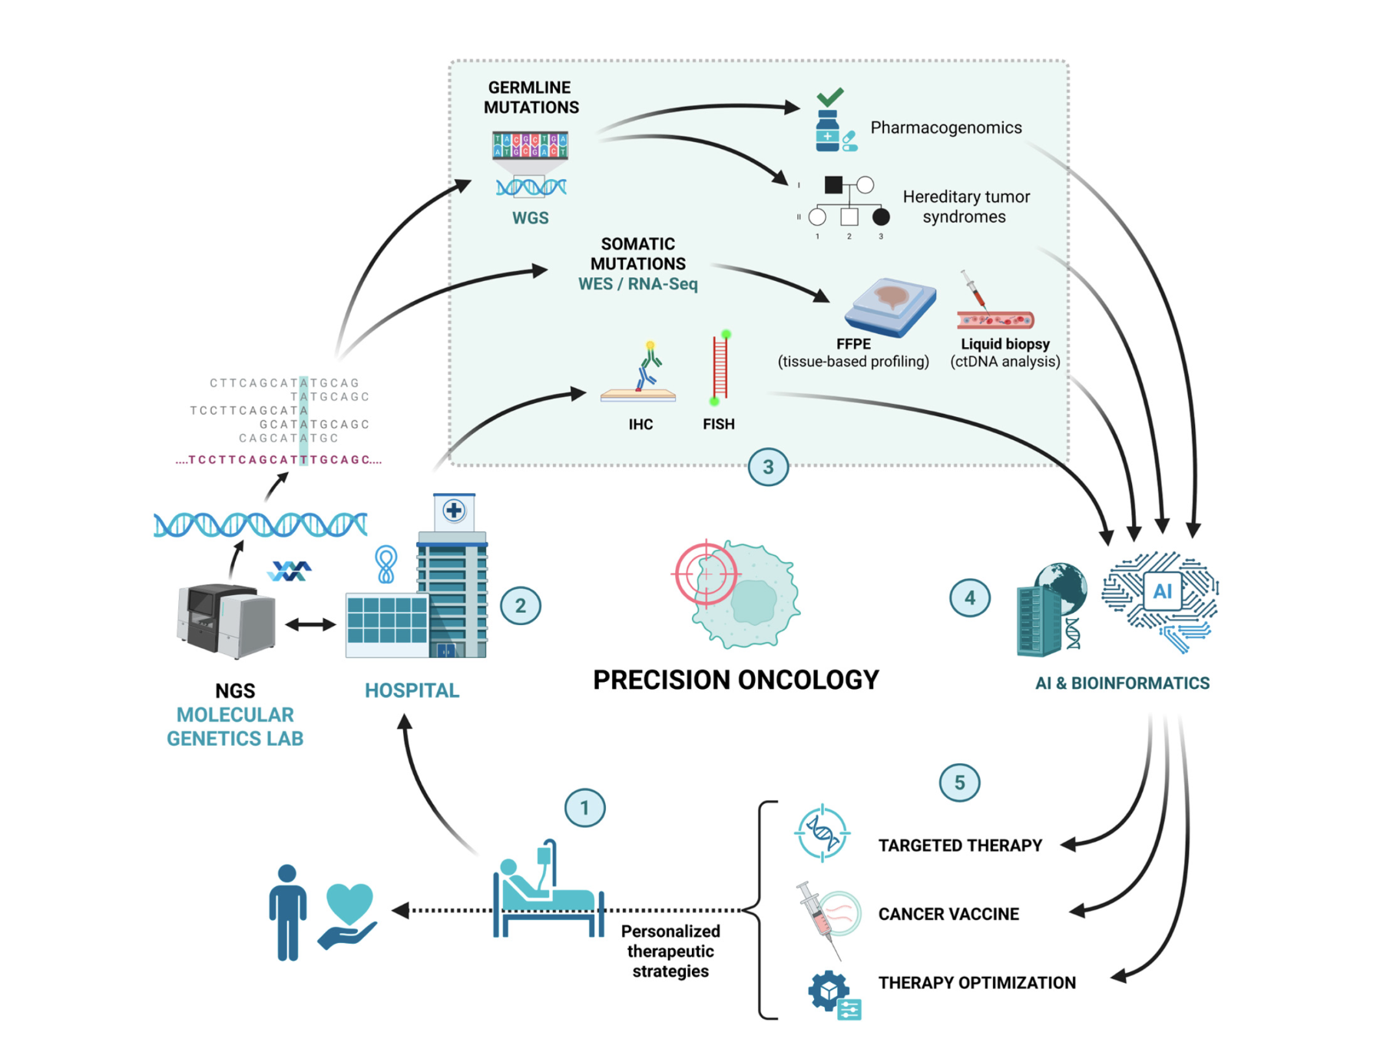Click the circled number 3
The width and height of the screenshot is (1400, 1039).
click(768, 467)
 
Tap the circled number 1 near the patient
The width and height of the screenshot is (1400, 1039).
click(584, 808)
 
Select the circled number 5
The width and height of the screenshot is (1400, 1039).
click(959, 783)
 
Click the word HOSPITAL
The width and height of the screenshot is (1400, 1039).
click(412, 690)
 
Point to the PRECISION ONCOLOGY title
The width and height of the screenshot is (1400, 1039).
click(736, 680)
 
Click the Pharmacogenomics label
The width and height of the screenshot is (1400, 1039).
click(945, 127)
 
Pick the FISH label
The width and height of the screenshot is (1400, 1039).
click(718, 424)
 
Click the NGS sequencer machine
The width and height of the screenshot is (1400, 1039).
click(225, 620)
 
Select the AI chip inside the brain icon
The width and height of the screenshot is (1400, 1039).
click(1162, 591)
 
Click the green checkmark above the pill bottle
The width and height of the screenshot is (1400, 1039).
click(829, 97)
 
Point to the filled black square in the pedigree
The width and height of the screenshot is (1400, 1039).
click(833, 184)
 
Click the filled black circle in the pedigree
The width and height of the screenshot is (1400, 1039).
click(881, 217)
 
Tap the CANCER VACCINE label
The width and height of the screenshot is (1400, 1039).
click(948, 914)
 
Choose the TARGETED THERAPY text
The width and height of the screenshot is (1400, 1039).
click(960, 845)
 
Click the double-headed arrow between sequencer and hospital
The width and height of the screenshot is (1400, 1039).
click(310, 624)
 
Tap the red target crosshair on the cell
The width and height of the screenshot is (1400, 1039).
click(706, 574)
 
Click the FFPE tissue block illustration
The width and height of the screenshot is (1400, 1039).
click(891, 306)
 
